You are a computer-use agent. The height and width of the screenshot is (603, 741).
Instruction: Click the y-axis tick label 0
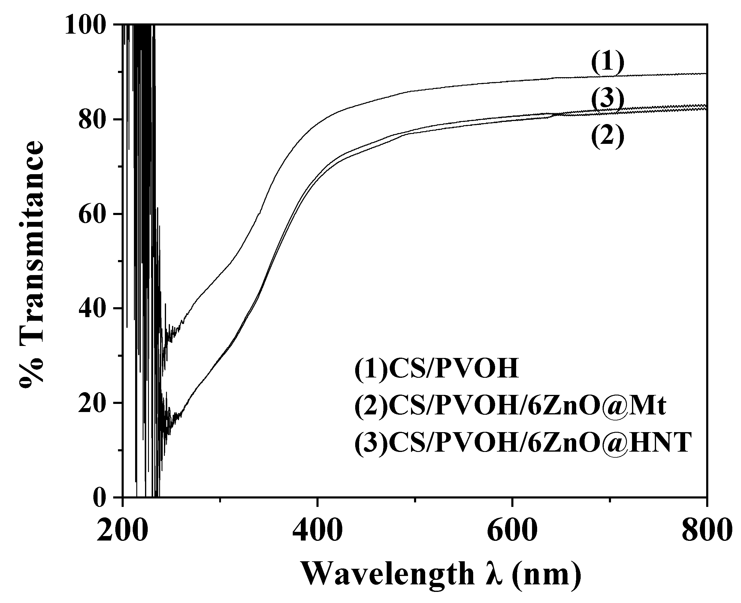pyautogui.click(x=102, y=498)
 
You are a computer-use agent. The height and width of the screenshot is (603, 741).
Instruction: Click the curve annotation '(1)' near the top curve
pyautogui.click(x=608, y=63)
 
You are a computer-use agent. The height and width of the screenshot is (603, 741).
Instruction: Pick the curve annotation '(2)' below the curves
pyautogui.click(x=608, y=137)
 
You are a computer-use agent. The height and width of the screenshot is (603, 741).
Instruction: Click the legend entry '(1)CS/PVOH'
pyautogui.click(x=437, y=369)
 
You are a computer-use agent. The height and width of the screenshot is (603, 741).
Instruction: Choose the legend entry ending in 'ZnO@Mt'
pyautogui.click(x=510, y=406)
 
